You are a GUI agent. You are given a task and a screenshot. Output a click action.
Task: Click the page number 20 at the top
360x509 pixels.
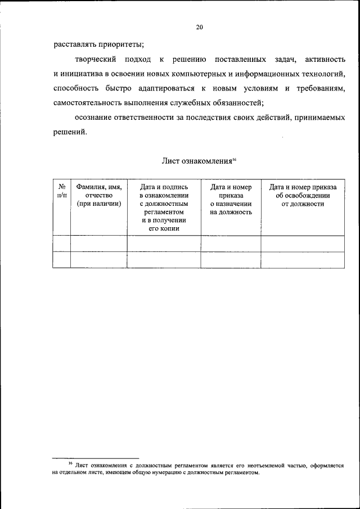click(199, 26)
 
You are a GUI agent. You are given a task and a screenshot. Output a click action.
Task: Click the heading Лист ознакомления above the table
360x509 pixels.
click(196, 161)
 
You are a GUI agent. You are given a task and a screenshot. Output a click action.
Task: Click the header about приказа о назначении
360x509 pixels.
click(231, 200)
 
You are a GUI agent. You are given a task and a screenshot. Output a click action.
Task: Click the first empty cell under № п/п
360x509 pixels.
click(62, 244)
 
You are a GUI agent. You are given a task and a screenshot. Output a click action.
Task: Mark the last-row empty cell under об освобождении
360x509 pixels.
click(303, 260)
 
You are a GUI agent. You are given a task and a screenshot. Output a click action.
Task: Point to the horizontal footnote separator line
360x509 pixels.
click(96, 458)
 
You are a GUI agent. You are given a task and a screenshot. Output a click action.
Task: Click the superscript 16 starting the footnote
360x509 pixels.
click(70, 463)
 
